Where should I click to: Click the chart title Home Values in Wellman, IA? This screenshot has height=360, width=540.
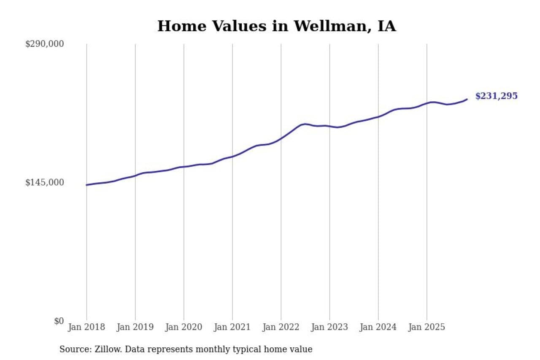coord(276,26)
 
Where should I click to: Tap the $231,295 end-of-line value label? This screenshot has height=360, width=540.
coord(496,96)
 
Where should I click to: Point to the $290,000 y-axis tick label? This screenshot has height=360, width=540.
coord(45,44)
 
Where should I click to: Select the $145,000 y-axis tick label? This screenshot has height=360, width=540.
coord(45,182)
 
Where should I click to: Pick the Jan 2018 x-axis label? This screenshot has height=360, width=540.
coord(86,327)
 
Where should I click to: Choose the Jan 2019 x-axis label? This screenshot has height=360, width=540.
coord(135,327)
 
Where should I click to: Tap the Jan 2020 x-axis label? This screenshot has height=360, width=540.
coord(184,327)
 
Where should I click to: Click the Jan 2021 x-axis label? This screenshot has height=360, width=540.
coord(232,327)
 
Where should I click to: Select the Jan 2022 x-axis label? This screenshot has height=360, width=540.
coord(281,327)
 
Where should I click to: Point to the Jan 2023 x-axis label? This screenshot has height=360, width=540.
coord(329,327)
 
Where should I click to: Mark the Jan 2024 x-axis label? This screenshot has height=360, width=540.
coord(378,327)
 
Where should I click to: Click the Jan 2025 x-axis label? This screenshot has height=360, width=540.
coord(427,327)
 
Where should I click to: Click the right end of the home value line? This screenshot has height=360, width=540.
coord(467,99)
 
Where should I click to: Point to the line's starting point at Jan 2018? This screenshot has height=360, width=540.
coord(86,185)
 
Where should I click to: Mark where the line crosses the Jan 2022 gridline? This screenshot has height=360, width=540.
coord(281,138)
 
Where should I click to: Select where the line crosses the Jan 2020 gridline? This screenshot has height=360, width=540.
coord(184,167)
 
